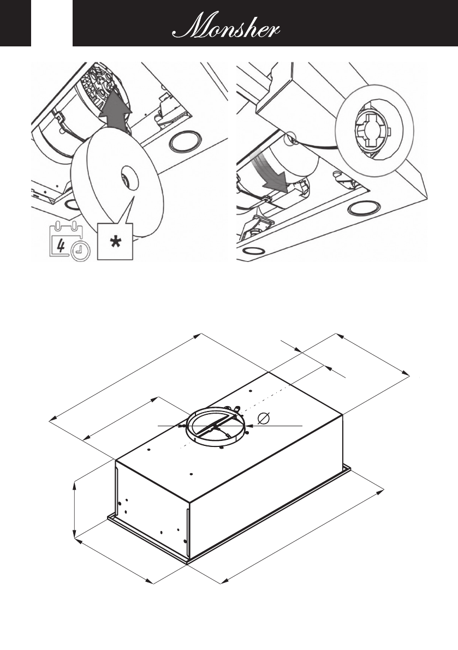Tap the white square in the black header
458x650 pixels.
click(x=52, y=23)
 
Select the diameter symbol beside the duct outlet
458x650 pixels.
click(x=264, y=419)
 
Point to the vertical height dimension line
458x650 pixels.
click(x=75, y=506)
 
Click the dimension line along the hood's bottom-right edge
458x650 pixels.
click(x=302, y=535)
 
